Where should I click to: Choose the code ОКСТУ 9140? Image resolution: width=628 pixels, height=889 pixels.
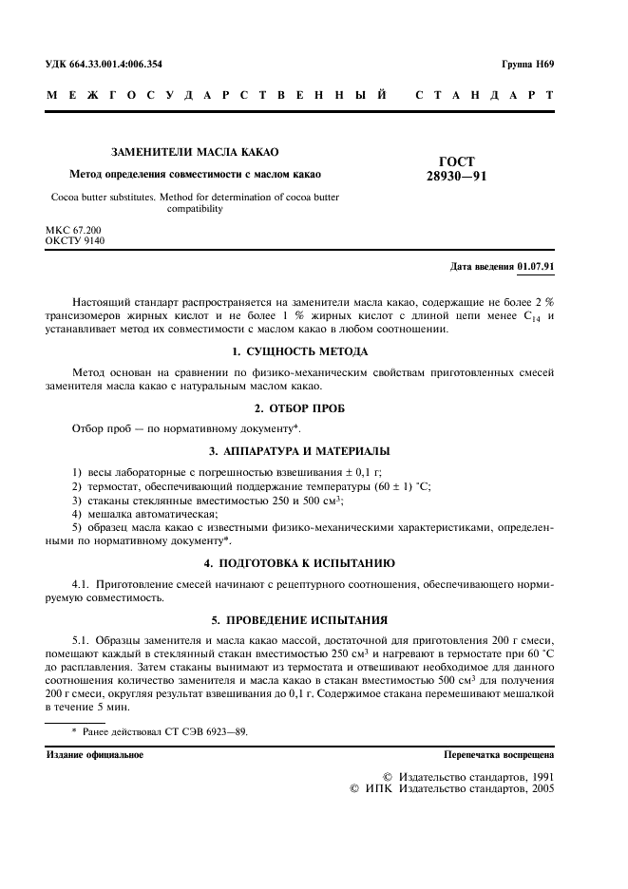pos(75,241)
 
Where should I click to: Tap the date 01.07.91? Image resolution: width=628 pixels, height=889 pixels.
pos(537,265)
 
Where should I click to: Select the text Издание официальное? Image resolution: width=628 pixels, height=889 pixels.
pos(95,755)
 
